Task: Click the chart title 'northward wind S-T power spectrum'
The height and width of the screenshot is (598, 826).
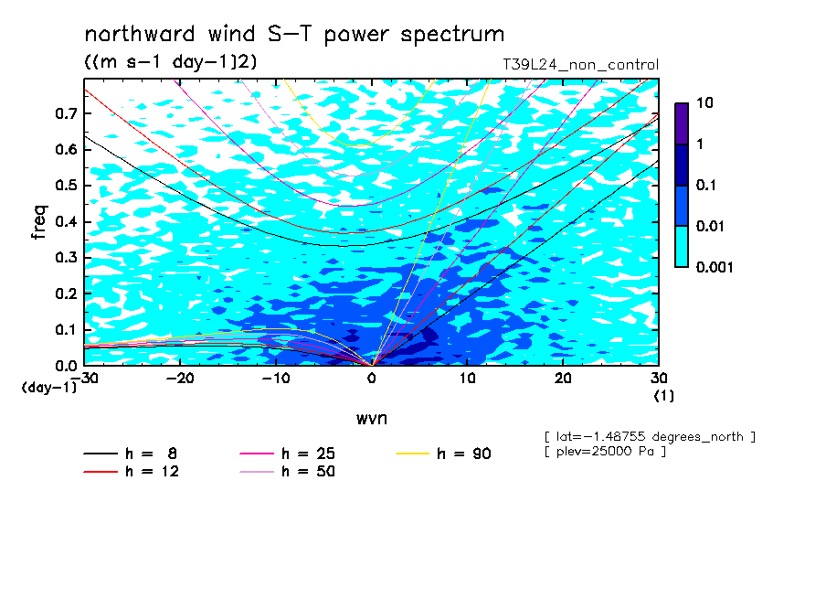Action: pos(294,35)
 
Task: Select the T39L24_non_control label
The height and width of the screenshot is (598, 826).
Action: pos(580,65)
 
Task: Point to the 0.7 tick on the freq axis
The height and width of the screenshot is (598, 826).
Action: pos(66,113)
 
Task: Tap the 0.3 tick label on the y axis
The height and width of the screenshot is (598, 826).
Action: pos(66,257)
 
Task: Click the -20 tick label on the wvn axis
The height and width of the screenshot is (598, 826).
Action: pos(180,379)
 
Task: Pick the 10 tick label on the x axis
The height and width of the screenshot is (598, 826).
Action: pos(468,379)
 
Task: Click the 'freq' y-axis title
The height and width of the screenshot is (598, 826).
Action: pos(39,222)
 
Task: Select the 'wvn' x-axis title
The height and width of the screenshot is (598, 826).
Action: pos(372,419)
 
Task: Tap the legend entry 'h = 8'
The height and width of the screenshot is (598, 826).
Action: pos(130,454)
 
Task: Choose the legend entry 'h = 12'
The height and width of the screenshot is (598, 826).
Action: pos(132,472)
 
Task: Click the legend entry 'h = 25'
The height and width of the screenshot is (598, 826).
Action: pos(287,454)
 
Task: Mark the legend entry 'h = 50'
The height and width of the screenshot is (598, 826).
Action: pos(287,472)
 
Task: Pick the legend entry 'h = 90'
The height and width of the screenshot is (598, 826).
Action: pos(443,454)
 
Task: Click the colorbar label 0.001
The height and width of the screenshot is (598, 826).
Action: pos(715,267)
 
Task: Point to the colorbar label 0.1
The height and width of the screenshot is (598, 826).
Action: pos(706,185)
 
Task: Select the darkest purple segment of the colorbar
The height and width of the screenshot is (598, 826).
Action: pos(682,123)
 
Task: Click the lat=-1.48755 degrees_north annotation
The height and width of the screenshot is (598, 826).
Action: pos(650,437)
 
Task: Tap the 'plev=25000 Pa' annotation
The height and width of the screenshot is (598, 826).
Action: pos(605,452)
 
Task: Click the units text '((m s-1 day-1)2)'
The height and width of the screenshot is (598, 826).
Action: pos(171,62)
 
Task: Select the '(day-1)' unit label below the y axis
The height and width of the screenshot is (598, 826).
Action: pos(49,388)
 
